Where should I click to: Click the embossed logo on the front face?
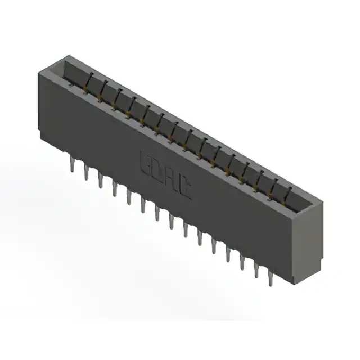click(x=165, y=174)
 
